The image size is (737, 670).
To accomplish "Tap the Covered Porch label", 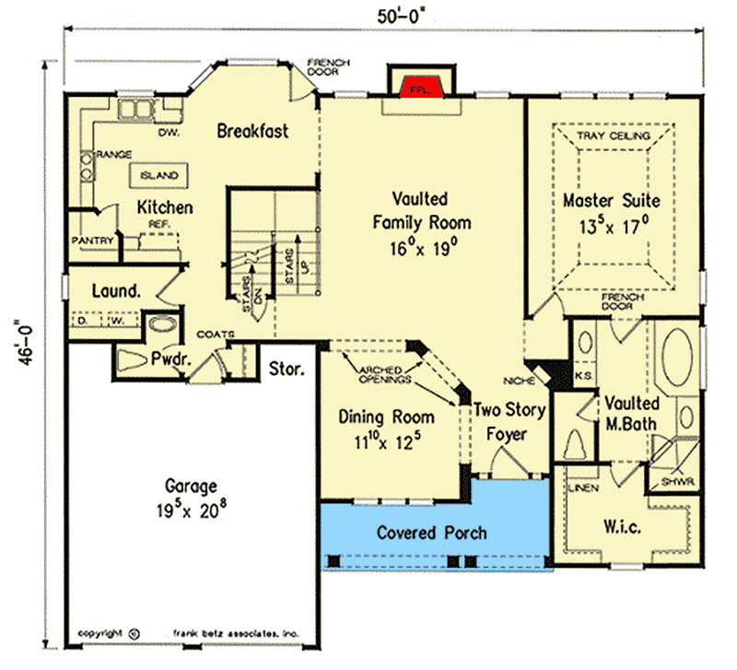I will [x=432, y=533].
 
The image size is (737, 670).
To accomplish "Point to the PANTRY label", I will [x=92, y=241].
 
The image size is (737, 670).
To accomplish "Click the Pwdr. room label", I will [x=171, y=359].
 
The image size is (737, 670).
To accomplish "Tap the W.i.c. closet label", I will [x=625, y=526].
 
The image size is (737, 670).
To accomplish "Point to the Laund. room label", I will [x=116, y=291].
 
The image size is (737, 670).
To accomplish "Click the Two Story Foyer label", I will [x=509, y=420].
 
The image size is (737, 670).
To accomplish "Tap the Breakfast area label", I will [x=252, y=131].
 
